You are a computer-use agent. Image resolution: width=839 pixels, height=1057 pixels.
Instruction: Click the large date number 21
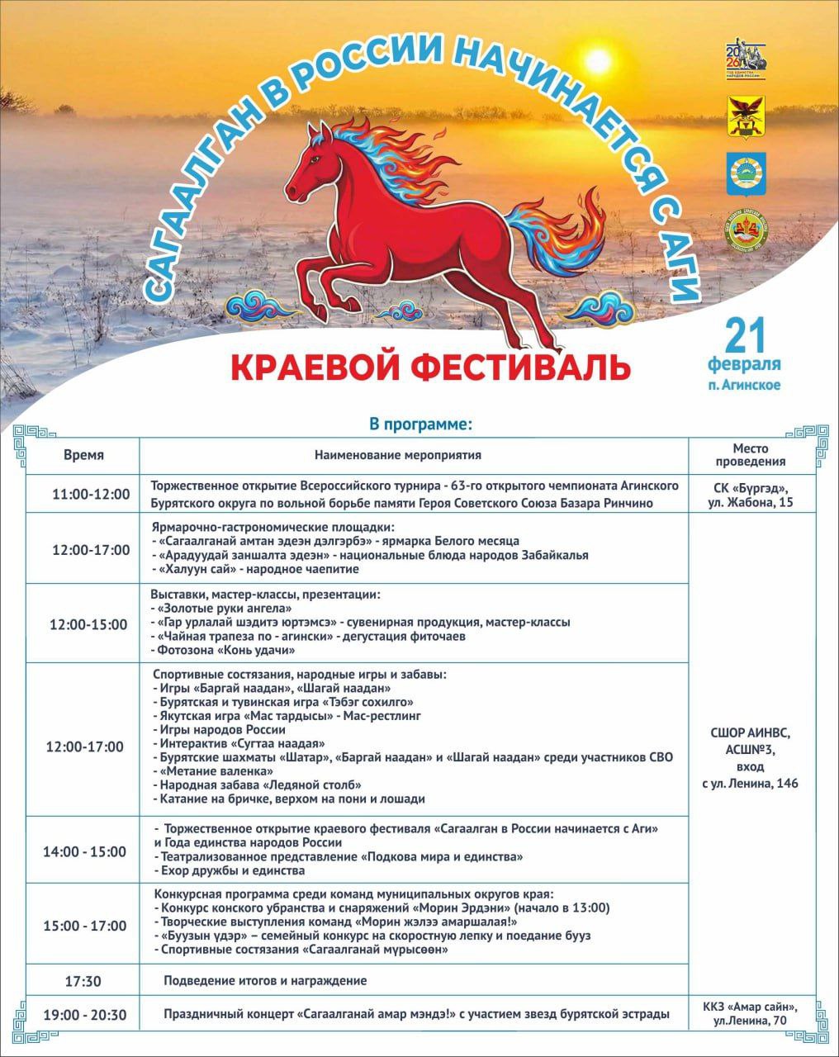tap(745, 334)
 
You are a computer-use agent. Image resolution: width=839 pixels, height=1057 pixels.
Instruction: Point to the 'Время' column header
tap(83, 455)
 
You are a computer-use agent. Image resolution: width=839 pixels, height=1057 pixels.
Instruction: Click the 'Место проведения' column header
tap(750, 455)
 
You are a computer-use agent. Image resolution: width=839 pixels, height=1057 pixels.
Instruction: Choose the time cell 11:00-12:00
tap(91, 494)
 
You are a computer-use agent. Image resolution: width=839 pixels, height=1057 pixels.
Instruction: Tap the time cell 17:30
tap(83, 981)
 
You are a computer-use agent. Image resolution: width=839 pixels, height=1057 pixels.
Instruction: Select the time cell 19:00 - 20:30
tap(85, 1014)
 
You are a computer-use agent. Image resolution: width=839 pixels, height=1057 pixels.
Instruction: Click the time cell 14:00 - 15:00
tap(85, 851)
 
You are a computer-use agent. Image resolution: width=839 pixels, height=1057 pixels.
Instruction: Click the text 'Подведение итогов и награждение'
tap(265, 981)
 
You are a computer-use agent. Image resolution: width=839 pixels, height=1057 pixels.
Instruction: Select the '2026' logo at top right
tap(746, 59)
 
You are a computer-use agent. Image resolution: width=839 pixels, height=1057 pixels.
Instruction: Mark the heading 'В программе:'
tap(420, 425)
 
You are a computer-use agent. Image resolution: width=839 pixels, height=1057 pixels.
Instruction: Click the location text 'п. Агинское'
tap(745, 384)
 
